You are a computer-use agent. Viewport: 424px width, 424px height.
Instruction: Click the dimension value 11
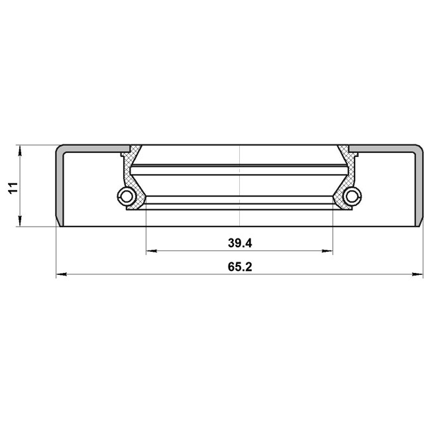tap(13, 187)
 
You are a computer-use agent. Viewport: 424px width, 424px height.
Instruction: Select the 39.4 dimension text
tap(240, 243)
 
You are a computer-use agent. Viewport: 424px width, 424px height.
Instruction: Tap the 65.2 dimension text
tap(240, 267)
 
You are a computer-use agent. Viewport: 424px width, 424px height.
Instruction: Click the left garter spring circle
tap(126, 196)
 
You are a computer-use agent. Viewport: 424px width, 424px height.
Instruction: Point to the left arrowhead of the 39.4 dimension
tap(152, 251)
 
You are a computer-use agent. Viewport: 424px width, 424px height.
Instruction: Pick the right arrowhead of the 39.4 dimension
tap(327, 251)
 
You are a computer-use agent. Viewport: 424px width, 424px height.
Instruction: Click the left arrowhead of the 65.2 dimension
tap(62, 274)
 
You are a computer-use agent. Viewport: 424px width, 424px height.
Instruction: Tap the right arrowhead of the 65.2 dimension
tap(417, 274)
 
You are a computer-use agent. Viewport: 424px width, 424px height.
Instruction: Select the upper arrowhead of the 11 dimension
tap(19, 150)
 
